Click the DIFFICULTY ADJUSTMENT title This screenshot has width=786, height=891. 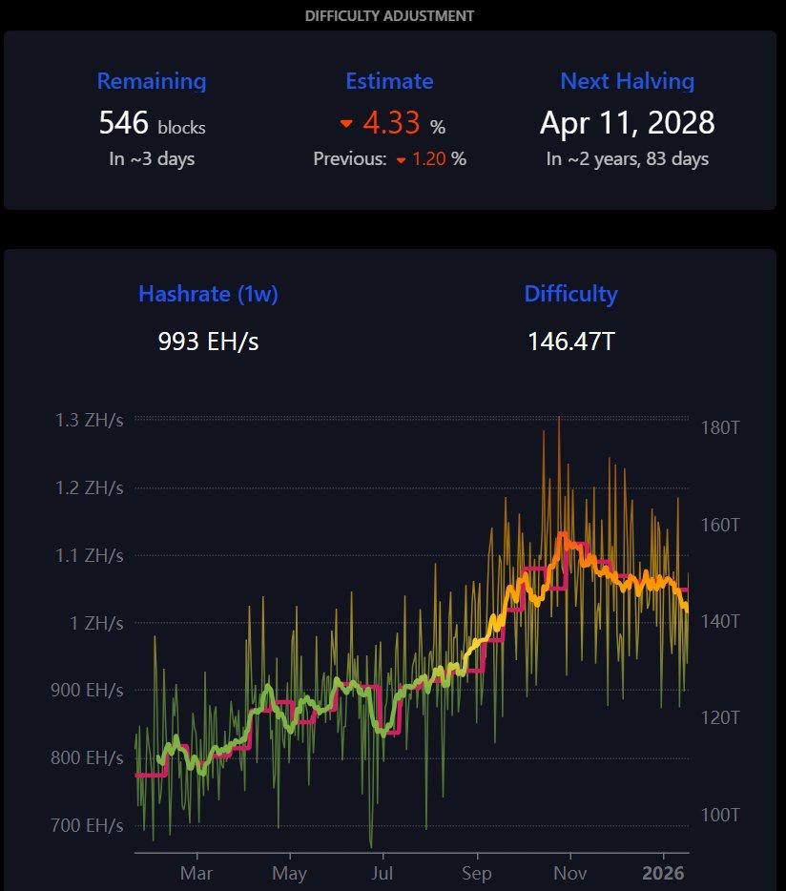(389, 16)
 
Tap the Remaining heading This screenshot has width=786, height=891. (152, 81)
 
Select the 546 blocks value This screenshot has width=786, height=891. (152, 123)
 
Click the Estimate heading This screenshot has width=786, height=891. (389, 81)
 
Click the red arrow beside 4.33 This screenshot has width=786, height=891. (347, 124)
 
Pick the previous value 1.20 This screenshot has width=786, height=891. (429, 159)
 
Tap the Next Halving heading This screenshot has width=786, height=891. (627, 81)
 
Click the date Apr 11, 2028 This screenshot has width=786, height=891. (627, 123)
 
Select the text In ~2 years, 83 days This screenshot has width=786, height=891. (627, 159)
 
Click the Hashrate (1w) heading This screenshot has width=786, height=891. (208, 294)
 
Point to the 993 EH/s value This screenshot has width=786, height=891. (208, 341)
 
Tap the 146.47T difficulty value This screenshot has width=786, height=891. (570, 341)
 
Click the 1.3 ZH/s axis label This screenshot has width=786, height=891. (91, 419)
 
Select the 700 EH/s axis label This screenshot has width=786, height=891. (87, 825)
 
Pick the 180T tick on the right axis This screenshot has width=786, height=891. (721, 427)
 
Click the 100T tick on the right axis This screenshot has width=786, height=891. (721, 815)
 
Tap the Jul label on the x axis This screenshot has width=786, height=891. (383, 873)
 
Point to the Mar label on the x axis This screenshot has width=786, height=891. (196, 873)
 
